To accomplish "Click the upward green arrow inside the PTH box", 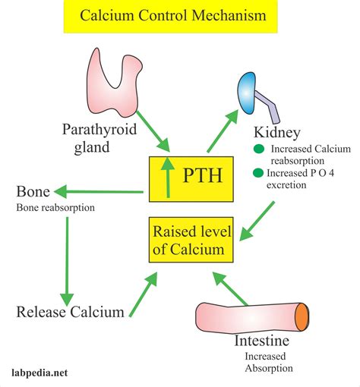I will (x=166, y=177).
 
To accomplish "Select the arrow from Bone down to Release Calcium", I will (x=68, y=258).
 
